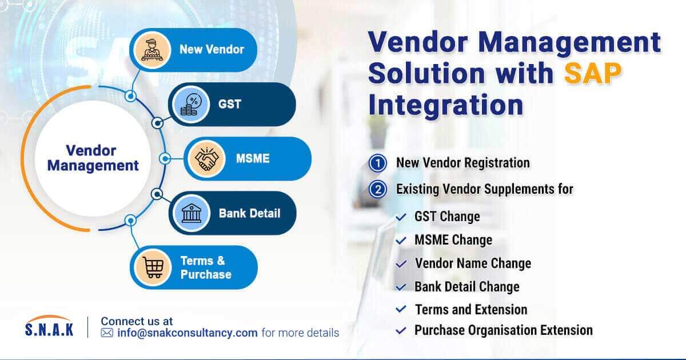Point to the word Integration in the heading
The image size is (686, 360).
(x=445, y=105)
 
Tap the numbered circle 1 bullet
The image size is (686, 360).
(x=377, y=163)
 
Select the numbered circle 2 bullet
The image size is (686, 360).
(x=377, y=189)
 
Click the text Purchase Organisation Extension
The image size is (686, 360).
(x=503, y=330)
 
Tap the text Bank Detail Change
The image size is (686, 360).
(x=466, y=287)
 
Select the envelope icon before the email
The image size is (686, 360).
(x=107, y=333)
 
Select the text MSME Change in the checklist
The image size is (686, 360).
(x=453, y=240)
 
